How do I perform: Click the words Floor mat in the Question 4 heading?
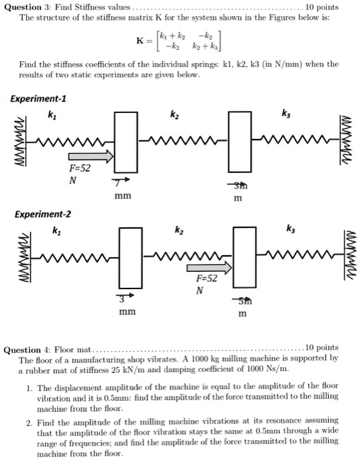73,348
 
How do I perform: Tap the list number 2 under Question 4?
29,422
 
